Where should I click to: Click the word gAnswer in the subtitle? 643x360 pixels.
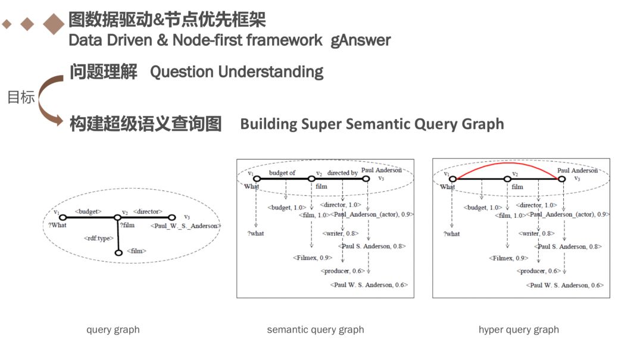361,40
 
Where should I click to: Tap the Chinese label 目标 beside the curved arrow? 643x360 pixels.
21,98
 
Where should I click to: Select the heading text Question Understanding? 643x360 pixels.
236,72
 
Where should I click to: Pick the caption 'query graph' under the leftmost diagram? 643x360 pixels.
113,330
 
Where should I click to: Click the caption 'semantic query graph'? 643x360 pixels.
316,330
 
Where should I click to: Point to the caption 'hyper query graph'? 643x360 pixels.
519,330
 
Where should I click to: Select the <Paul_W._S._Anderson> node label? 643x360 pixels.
186,226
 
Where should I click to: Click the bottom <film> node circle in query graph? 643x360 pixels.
118,253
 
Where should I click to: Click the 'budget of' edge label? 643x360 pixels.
282,173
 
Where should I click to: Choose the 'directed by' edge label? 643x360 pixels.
342,173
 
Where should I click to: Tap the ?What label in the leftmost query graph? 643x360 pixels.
58,225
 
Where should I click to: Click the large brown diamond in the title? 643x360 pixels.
54,24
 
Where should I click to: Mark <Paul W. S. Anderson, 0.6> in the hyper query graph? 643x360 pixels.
564,285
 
